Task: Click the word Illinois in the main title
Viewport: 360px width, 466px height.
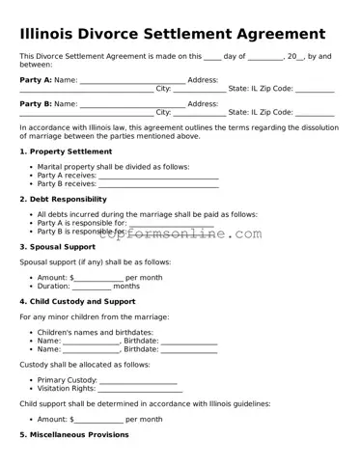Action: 54,35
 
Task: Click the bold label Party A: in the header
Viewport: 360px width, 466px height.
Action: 36,79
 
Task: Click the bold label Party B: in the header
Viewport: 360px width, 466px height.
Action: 36,103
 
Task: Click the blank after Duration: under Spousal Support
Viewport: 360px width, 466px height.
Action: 92,287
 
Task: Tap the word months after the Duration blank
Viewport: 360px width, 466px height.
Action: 126,287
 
